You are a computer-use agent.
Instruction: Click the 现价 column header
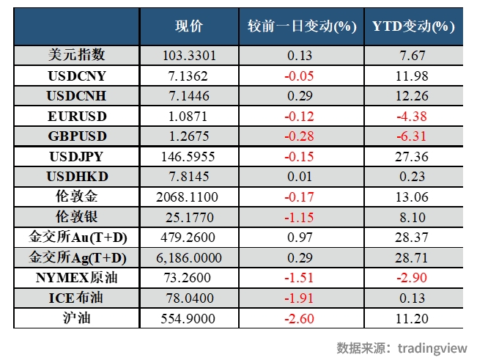(188, 26)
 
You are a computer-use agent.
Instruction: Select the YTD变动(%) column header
(413, 26)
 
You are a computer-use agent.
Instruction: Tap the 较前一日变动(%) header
(302, 26)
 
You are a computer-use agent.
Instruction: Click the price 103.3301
(189, 55)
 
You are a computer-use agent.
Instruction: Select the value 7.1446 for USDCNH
(189, 96)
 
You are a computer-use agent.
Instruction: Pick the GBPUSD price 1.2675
(189, 136)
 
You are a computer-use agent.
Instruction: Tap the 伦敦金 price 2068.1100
(189, 197)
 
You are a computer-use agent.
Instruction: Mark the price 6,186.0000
(189, 258)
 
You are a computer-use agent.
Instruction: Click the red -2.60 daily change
(302, 317)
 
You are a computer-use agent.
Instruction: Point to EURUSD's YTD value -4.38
(413, 116)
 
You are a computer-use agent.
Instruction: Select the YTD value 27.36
(413, 157)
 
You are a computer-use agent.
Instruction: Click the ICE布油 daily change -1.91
(302, 298)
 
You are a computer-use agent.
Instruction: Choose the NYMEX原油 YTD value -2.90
(413, 278)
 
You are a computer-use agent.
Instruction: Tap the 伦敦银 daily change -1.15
(302, 218)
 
